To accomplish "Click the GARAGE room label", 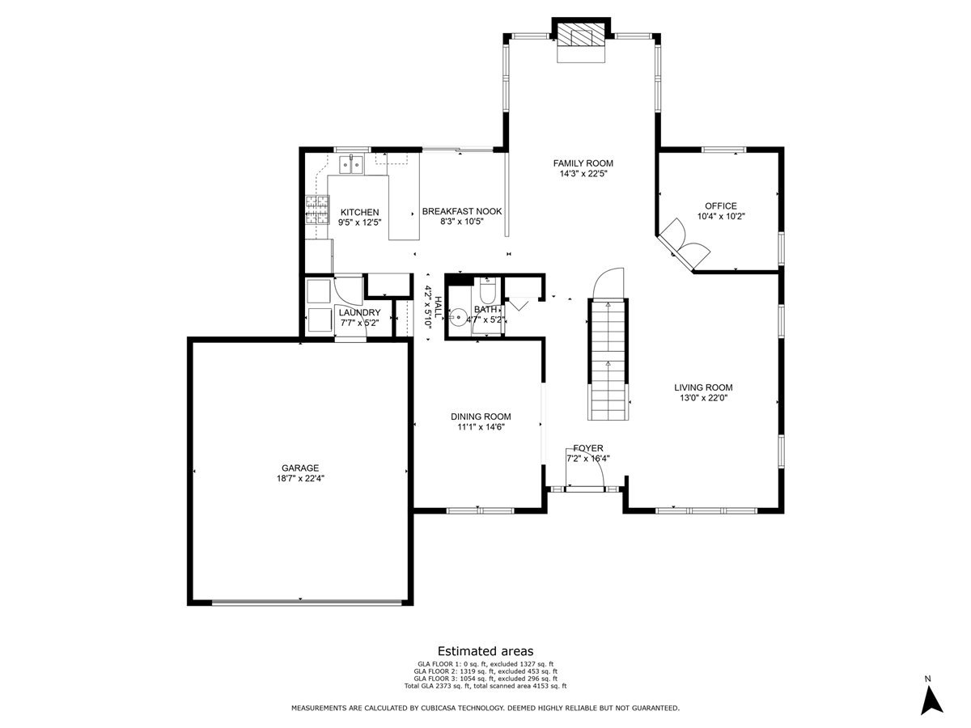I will [x=300, y=468].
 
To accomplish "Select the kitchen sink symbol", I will [x=353, y=164].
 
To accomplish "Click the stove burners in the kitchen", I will [x=316, y=210].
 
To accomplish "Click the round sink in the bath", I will [x=459, y=319].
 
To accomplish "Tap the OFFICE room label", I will [x=720, y=205].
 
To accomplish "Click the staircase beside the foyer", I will [x=607, y=360].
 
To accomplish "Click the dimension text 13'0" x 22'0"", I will [x=703, y=397].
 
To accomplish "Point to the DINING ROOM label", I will [x=481, y=417].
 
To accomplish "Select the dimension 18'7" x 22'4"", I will [x=300, y=478].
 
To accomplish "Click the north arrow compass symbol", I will [x=932, y=699].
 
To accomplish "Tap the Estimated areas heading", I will [x=485, y=650].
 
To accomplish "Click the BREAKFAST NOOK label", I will [x=461, y=211].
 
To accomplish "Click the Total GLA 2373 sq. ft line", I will [x=485, y=686].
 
